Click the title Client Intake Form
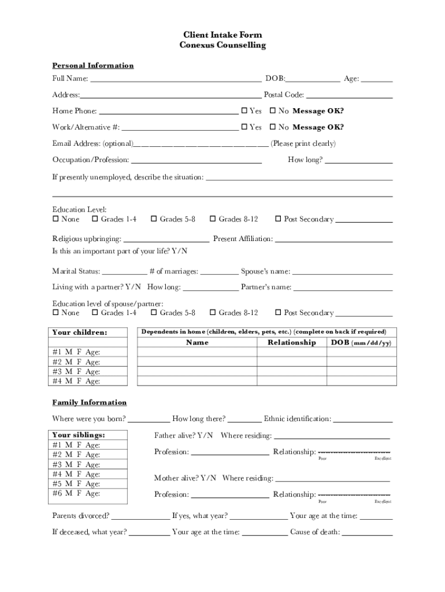tap(222, 35)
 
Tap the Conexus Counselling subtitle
tap(222, 46)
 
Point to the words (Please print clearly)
tap(303, 143)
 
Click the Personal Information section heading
tap(93, 66)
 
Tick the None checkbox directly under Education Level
tap(56, 220)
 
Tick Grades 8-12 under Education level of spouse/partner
tap(213, 313)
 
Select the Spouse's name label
tap(265, 271)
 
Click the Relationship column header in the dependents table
tap(292, 343)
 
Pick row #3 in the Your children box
tap(76, 372)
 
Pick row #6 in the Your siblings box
tap(76, 494)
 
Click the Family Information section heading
tap(90, 402)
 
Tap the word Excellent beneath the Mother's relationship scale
tap(383, 502)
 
